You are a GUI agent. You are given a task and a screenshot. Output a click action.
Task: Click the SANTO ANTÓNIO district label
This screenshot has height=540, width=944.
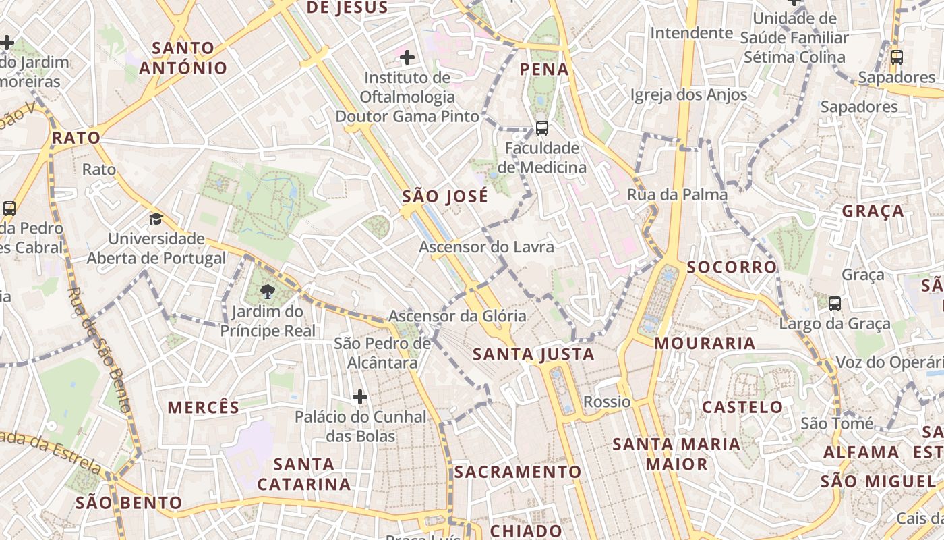coord(183,58)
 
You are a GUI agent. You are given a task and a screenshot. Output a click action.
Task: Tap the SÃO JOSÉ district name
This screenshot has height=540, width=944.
coord(445,196)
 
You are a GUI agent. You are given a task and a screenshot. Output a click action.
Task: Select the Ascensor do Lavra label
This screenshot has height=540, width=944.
coord(486,247)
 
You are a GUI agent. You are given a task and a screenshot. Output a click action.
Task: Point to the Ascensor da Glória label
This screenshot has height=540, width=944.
coord(457,315)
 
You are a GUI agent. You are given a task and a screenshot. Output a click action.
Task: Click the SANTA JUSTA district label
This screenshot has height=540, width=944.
coord(533,354)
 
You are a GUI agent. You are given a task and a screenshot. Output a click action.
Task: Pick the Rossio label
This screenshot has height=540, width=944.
coord(607,402)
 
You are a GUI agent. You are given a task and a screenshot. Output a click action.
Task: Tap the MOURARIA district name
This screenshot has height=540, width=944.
coord(705,343)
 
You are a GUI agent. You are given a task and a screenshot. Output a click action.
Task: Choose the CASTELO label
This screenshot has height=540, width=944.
coord(742,407)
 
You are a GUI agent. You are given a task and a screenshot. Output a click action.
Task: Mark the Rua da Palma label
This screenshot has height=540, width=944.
coord(677,195)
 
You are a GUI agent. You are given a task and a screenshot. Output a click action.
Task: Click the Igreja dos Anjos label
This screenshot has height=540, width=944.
coord(688,94)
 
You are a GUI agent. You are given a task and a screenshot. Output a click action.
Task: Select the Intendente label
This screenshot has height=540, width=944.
coord(691,32)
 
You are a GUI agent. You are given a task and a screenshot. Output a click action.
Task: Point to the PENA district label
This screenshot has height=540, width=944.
coord(544,70)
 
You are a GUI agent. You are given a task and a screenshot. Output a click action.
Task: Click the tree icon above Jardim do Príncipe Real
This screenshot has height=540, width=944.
coord(268,292)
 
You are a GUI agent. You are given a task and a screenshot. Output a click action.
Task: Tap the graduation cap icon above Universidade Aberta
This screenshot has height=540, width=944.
coord(156,219)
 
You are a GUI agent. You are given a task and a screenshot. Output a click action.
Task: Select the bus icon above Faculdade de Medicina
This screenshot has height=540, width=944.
coord(541,128)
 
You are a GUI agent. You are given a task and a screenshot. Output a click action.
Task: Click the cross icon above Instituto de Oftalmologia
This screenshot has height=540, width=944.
coord(407,57)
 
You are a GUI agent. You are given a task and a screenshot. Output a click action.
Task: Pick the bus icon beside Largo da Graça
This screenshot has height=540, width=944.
coord(834,304)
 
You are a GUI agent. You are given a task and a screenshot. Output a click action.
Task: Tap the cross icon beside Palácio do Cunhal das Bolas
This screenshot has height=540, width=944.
coord(360,396)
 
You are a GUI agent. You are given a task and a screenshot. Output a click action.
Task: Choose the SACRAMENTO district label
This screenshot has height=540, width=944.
coord(517,472)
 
